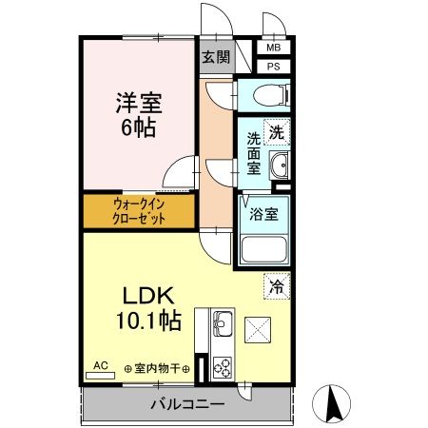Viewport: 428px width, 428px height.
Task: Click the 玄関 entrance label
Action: pos(215,57)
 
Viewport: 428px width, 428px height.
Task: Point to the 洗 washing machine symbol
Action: pos(276,134)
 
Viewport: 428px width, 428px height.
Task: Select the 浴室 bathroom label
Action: pos(263,214)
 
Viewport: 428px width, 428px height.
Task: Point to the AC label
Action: pos(101,363)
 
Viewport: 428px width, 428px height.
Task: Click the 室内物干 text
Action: pos(157,369)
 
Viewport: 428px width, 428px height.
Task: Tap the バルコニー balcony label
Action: pos(187,404)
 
